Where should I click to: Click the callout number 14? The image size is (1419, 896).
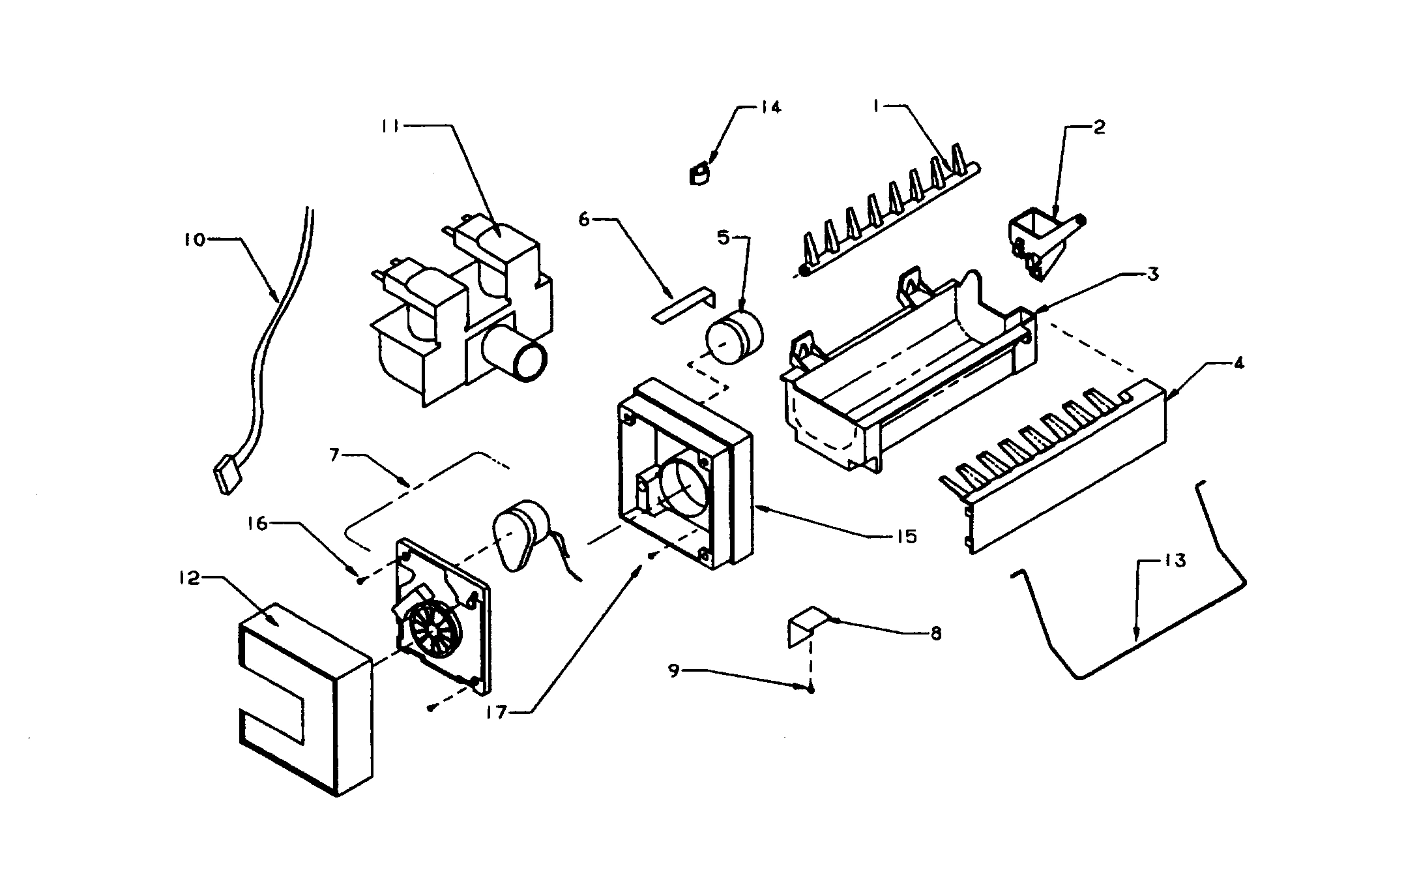point(770,107)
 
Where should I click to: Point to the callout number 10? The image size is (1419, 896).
point(194,240)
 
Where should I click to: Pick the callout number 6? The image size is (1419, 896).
point(584,219)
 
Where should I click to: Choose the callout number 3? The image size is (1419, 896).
point(1152,275)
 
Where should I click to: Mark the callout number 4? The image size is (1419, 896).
point(1238,363)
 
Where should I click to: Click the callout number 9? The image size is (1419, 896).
point(675,670)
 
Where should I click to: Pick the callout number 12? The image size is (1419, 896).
point(189,578)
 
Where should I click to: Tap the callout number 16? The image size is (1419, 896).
point(258,523)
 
